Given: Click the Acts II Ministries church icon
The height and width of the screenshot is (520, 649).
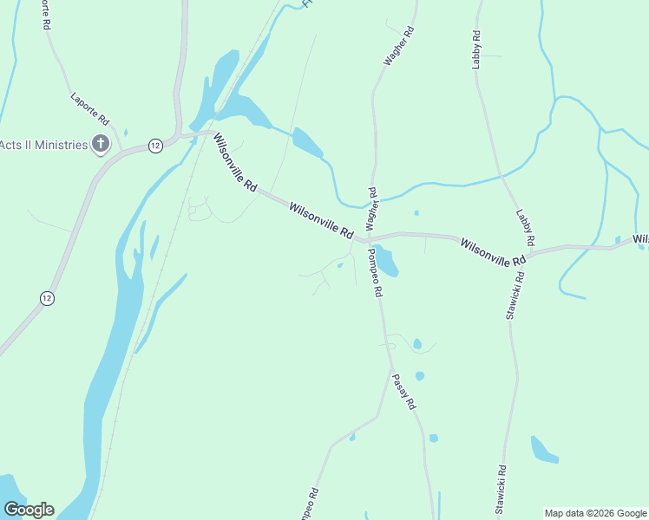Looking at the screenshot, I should tap(101, 144).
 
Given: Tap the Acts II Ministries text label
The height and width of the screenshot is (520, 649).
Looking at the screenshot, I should tap(44, 145).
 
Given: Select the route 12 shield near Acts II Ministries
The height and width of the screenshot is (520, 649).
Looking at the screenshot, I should tap(154, 146).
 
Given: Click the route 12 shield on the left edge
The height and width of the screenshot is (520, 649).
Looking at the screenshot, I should tap(47, 298).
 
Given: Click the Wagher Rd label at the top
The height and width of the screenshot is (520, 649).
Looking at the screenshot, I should tap(400, 46).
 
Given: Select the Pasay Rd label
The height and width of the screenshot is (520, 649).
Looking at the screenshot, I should tap(403, 391).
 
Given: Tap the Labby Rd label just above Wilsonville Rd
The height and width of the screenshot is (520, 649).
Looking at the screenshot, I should tap(526, 226).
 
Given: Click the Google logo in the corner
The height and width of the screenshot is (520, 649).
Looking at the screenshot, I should tap(29, 510).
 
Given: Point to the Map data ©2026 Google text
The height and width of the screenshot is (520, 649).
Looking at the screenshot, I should tap(595, 513).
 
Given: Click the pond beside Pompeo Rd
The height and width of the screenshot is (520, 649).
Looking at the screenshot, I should tap(386, 261).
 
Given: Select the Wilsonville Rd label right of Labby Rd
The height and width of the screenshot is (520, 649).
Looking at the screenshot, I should tap(493, 252).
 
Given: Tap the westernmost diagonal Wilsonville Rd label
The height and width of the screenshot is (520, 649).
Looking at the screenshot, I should tap(236, 162).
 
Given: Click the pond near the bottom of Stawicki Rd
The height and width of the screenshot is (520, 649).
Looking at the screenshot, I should tap(543, 449).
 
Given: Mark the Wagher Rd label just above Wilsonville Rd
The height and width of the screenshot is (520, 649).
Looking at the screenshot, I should tap(371, 207).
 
